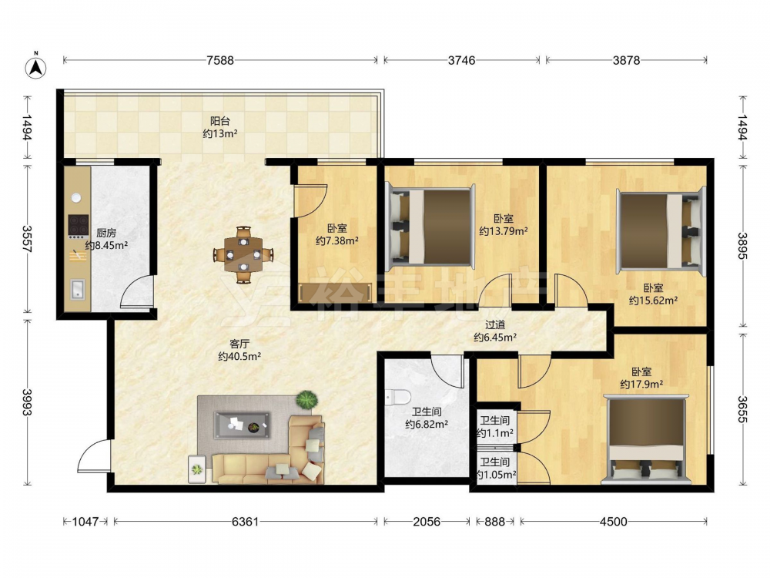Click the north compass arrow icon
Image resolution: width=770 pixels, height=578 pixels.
[x=36, y=66]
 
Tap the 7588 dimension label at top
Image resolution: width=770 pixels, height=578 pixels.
[x=220, y=60]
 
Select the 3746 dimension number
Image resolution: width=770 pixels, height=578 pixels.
[x=461, y=60]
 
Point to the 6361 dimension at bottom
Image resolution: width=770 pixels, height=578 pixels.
[x=245, y=522]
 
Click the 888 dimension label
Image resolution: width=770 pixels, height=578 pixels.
[x=494, y=522]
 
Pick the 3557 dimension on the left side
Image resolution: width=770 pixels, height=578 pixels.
[x=28, y=240]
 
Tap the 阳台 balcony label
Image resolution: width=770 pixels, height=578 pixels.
[x=220, y=121]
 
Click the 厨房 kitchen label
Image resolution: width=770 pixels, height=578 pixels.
[x=106, y=233]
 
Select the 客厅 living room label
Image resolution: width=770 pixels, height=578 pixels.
[x=239, y=344]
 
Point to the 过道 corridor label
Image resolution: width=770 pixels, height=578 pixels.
[x=495, y=325]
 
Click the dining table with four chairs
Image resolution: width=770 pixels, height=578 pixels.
[x=243, y=254]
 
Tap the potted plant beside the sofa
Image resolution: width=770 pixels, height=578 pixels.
[x=307, y=399]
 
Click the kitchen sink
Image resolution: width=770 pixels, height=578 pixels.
[x=78, y=289]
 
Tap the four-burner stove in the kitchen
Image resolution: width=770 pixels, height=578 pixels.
[x=78, y=226]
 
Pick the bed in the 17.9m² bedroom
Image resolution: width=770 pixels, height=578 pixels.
[x=647, y=439]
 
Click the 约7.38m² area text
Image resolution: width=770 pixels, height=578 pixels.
[x=337, y=240]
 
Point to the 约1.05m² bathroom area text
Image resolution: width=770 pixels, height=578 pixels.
[x=496, y=475]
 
